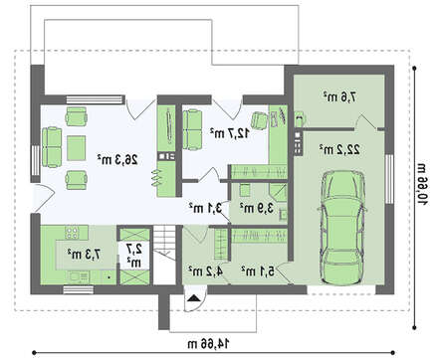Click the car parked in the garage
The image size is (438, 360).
point(342,228)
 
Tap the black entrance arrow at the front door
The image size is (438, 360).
point(194,298)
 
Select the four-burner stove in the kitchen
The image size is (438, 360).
point(72,233)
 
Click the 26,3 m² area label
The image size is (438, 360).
point(117,160)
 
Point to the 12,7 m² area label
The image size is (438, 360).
point(230,133)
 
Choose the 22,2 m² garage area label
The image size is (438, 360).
point(339,150)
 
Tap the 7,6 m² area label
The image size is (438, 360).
point(339,97)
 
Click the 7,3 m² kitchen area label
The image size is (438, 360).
point(84,255)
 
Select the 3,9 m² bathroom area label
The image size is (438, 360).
point(257,208)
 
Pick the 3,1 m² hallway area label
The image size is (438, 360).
point(205,208)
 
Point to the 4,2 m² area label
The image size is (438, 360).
point(205,270)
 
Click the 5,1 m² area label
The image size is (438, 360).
point(258,271)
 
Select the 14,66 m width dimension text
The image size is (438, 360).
point(208,344)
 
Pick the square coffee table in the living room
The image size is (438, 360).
point(77,148)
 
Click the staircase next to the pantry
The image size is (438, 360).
point(163,255)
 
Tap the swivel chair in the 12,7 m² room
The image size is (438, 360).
point(260,120)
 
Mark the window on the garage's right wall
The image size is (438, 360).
point(389,179)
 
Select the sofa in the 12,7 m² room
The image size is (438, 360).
point(192,129)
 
